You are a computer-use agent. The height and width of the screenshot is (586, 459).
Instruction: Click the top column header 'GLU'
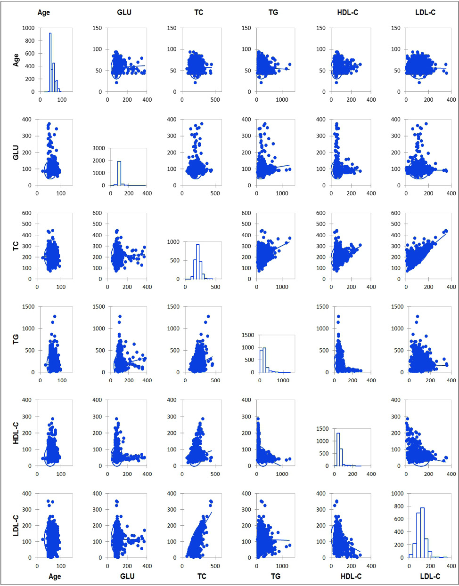[124, 12]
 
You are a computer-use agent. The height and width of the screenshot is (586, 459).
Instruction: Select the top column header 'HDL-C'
[347, 12]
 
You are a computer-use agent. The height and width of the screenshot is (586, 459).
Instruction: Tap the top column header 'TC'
[198, 12]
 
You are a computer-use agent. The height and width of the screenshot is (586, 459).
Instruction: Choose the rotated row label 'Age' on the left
[16, 60]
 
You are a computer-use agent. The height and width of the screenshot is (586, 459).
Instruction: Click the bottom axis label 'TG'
[276, 576]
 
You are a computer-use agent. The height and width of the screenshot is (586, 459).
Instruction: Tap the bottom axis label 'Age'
[55, 576]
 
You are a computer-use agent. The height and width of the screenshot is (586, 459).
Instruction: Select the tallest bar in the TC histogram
[197, 261]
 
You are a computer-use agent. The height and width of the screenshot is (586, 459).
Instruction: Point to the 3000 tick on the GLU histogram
[98, 148]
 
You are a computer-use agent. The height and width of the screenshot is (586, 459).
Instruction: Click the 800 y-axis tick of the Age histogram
[28, 41]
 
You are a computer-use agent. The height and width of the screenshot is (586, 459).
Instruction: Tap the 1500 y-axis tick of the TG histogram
[247, 335]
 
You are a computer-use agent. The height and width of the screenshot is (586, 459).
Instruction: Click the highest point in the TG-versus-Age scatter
[55, 316]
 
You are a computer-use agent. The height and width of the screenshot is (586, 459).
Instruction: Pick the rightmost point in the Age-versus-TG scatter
[289, 64]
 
